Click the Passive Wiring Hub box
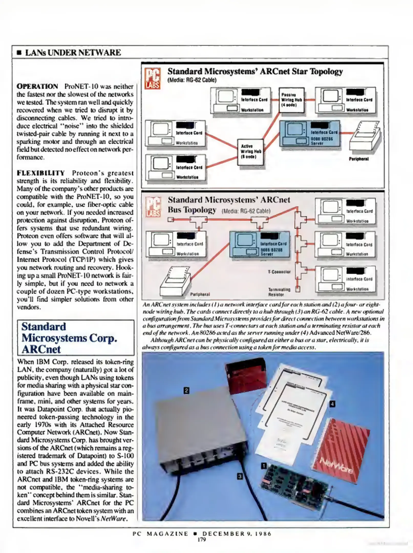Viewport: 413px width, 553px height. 291,100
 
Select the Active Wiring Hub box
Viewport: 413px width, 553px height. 250,152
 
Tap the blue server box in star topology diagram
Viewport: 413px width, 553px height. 310,133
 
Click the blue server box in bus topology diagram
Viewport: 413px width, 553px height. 260,244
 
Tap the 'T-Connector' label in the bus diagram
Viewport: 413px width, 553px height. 279,272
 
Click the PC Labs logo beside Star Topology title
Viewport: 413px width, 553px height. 153,78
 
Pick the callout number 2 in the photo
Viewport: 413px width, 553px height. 187,390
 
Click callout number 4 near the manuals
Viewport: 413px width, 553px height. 332,404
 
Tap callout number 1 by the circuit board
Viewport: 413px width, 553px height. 263,466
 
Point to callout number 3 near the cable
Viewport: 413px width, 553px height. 240,476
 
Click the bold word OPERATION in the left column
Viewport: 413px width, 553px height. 37,87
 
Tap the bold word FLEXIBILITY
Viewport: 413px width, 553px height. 41,173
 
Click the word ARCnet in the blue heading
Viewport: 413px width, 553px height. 41,349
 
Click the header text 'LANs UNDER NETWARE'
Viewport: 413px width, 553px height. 73,53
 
